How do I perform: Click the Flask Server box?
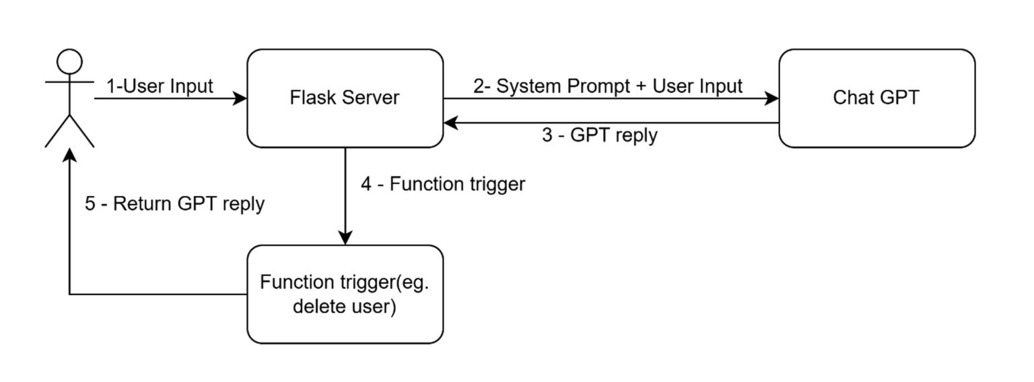click(x=345, y=98)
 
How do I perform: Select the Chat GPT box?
click(x=876, y=98)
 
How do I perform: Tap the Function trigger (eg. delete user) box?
click(x=345, y=294)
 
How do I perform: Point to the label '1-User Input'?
click(x=160, y=86)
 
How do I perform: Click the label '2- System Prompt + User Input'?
click(x=607, y=86)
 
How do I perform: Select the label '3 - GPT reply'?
click(x=600, y=135)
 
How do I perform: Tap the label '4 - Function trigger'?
click(x=443, y=184)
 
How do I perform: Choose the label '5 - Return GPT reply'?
click(x=175, y=203)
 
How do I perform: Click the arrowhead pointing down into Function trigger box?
click(x=345, y=238)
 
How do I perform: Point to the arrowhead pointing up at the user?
click(x=69, y=155)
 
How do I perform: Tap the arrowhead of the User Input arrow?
click(x=240, y=99)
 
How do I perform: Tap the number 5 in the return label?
click(x=90, y=203)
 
